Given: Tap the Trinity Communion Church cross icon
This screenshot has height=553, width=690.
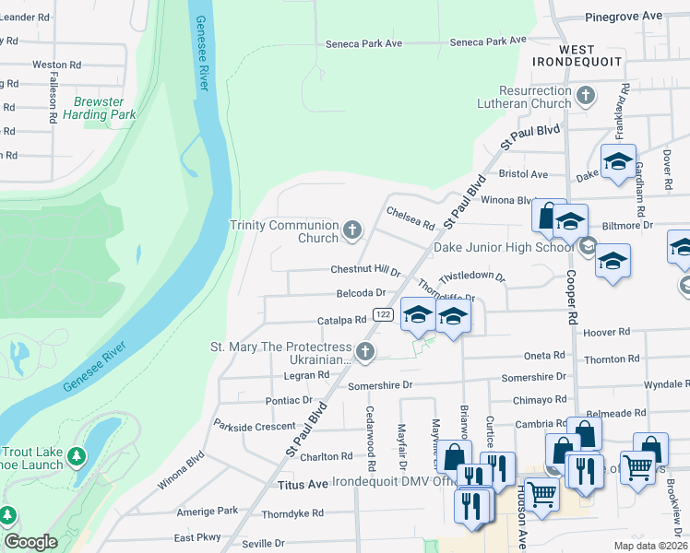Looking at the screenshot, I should [351, 230].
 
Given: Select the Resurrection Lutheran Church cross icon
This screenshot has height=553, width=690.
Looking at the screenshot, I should [585, 96].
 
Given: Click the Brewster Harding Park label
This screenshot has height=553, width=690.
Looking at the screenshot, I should [100, 109].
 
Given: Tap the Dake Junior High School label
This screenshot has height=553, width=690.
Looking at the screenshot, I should [504, 247].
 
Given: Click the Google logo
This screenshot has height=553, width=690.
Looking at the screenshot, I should [30, 542].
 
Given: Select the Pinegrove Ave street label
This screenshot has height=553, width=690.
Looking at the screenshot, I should [625, 17].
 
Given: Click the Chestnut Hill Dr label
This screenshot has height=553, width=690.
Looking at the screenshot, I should [365, 271].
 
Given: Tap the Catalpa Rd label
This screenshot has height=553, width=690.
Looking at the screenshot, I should [342, 320].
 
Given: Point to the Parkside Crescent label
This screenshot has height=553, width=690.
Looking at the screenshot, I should [254, 426].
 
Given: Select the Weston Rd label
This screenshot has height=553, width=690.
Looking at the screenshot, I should [56, 65].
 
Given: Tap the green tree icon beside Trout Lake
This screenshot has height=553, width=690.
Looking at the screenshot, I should [77, 456].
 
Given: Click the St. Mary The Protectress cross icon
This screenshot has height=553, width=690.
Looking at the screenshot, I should [366, 351].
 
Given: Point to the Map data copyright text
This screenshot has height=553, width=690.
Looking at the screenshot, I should [649, 545].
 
